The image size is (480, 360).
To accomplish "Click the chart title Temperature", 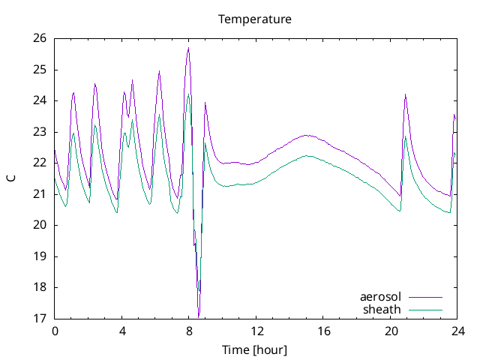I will point(254,19).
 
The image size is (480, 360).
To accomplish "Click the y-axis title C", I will point(10,178).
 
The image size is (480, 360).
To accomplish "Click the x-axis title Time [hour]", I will point(254,350).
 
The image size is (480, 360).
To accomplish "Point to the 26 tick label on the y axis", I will point(40,38).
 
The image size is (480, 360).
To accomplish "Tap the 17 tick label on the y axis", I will point(40,318).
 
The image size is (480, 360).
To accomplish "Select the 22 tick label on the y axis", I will point(40,163).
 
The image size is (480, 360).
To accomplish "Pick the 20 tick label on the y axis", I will point(40,225).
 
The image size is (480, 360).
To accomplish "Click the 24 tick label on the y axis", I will point(40,100).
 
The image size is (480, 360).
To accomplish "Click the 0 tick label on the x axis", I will point(55,331).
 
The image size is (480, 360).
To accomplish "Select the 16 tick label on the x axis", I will point(323,331).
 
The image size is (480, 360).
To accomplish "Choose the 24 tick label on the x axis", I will point(457,331).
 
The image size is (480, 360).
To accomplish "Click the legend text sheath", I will point(382,309).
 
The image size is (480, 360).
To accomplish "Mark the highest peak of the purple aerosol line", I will point(188,48).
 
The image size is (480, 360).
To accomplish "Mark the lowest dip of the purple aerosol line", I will point(198,316).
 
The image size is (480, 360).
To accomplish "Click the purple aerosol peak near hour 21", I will point(405,94).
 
